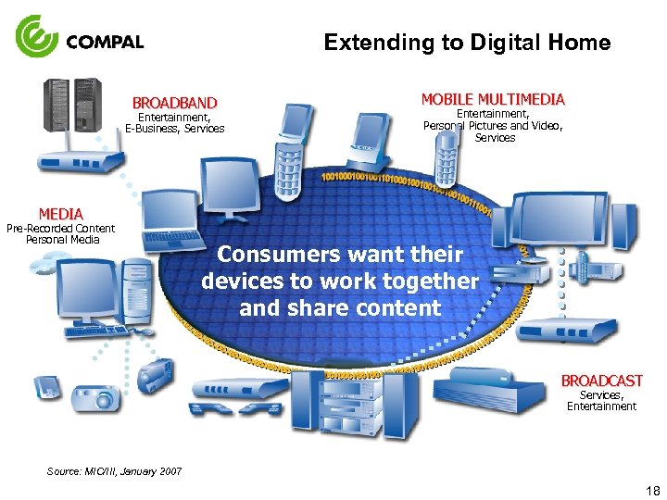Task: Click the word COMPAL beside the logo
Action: (x=105, y=42)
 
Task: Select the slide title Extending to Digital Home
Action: (x=467, y=43)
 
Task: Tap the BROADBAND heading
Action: (x=174, y=103)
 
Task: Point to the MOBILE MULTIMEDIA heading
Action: (x=493, y=99)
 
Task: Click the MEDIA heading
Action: (x=60, y=214)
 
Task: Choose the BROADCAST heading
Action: (x=601, y=381)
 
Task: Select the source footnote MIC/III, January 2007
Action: (x=115, y=471)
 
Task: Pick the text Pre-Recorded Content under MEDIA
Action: (x=60, y=228)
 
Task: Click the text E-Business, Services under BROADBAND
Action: (x=174, y=129)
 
